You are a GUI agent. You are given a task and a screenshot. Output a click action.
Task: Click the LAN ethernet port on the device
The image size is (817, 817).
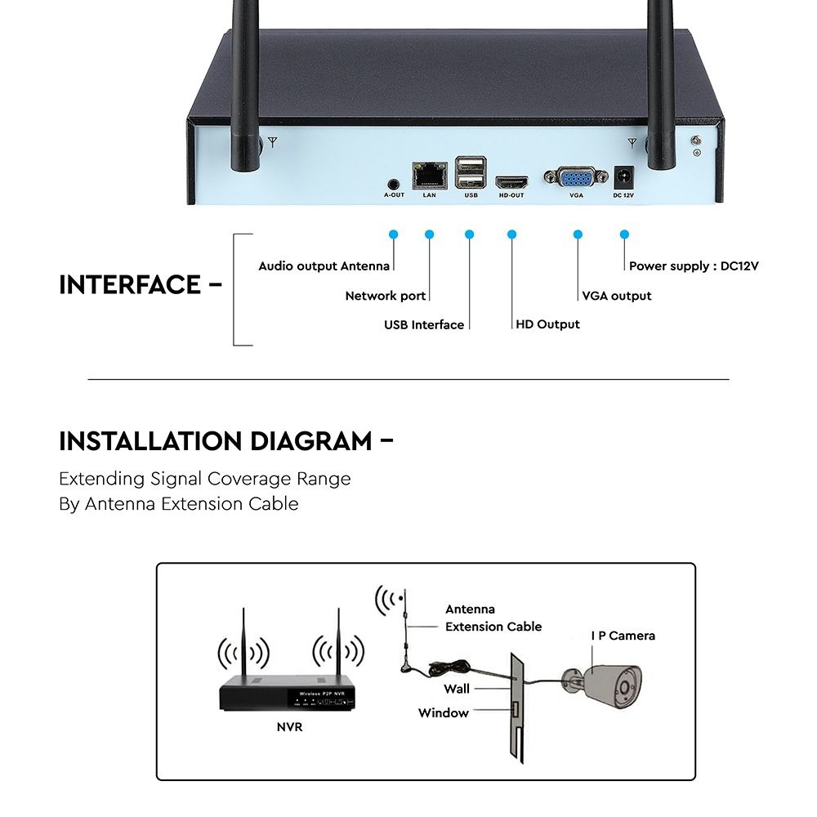click(x=430, y=173)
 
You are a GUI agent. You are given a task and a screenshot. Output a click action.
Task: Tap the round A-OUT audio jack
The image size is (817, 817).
click(x=394, y=184)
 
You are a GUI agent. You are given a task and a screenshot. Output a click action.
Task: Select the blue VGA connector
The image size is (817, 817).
click(x=576, y=178)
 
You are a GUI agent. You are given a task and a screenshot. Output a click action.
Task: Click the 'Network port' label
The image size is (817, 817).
click(x=386, y=296)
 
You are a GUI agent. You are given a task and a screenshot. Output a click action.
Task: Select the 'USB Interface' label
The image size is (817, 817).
click(x=424, y=324)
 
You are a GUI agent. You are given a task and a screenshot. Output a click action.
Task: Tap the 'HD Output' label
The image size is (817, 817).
click(x=548, y=324)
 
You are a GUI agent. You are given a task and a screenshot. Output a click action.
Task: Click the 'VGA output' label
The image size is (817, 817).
click(x=617, y=296)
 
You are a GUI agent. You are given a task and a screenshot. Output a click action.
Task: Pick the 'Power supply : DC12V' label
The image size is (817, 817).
click(x=694, y=266)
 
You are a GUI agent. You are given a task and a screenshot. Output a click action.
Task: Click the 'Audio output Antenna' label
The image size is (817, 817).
click(x=324, y=266)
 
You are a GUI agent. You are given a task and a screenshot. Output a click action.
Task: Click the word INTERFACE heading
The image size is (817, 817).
click(x=130, y=285)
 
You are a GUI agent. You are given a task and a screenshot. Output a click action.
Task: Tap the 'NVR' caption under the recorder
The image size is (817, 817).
click(x=289, y=726)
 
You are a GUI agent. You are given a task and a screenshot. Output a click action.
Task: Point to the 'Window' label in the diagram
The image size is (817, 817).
click(x=444, y=712)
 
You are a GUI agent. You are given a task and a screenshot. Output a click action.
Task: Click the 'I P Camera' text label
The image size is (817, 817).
click(x=623, y=635)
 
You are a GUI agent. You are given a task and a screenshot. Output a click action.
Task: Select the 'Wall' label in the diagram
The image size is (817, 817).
click(x=457, y=690)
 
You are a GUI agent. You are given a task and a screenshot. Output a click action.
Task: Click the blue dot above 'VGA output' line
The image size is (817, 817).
click(x=578, y=234)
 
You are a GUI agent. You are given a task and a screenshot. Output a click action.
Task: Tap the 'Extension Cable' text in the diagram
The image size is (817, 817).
click(x=493, y=627)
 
